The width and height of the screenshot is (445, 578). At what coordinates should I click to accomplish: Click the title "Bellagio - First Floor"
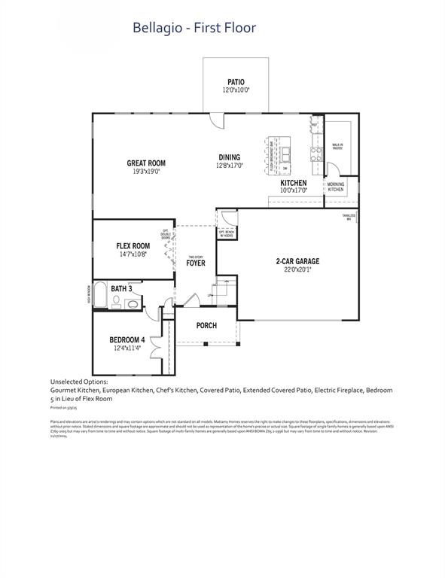pos(194,29)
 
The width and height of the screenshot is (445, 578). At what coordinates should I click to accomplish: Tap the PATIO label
pos(236,82)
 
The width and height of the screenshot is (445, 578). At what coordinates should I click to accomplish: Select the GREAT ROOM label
pos(146,163)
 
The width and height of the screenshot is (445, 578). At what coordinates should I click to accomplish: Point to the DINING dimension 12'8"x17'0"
pos(230,166)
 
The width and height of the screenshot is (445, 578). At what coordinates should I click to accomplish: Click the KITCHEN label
pos(293,183)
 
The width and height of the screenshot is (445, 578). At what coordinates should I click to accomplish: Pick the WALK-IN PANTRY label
pos(337,148)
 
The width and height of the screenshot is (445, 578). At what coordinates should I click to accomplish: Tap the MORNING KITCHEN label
pos(336,187)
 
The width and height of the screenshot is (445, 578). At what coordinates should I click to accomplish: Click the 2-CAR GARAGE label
pos(297,262)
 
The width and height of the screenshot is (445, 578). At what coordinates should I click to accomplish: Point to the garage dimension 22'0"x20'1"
pos(297,270)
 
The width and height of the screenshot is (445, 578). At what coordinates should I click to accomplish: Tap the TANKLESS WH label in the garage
pos(349,217)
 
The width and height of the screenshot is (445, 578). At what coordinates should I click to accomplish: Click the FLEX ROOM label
pos(133,246)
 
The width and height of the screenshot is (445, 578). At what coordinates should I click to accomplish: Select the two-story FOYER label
pos(196,263)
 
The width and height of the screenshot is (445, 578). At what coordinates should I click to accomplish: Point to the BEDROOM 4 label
pos(126,340)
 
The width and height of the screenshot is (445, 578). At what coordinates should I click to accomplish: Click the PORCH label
pos(206,326)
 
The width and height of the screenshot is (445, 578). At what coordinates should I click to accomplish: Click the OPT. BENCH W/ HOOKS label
pos(226,233)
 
